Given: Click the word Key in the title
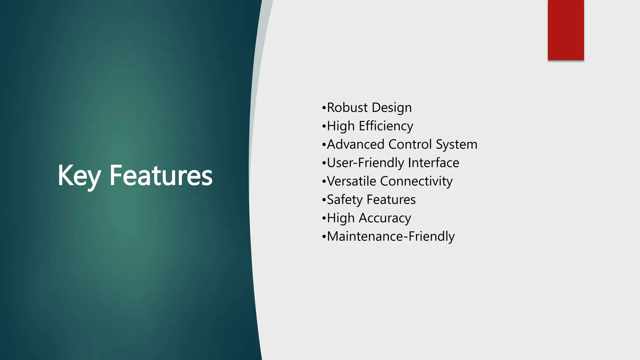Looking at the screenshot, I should (x=79, y=176).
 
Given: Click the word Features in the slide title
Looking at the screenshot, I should (x=161, y=176).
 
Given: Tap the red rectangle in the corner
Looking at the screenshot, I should (x=566, y=30).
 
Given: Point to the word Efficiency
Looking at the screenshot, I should (x=386, y=126).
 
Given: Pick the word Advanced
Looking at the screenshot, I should (x=356, y=144).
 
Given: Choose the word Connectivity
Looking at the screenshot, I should (x=416, y=181).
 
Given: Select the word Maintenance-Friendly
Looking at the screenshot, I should (x=391, y=237).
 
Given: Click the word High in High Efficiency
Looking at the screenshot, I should (x=341, y=126).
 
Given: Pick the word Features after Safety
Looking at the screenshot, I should (x=391, y=200).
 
